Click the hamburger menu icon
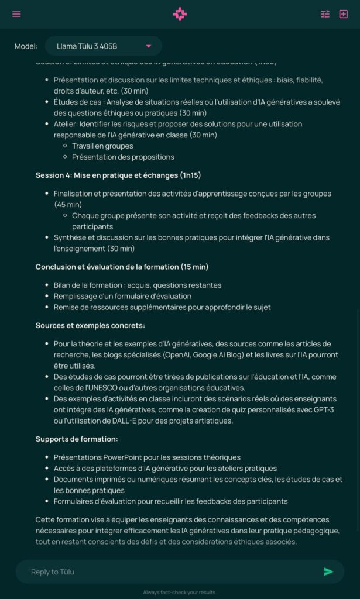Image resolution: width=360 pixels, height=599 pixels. [16, 14]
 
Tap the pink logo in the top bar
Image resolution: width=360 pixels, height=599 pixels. [180, 14]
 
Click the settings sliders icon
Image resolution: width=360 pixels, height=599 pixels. [325, 14]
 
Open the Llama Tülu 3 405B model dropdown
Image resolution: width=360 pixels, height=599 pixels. [103, 46]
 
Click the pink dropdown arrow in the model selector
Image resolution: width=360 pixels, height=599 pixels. [148, 46]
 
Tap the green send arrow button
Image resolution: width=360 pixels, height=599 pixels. [328, 572]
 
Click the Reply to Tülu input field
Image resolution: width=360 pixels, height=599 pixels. [170, 572]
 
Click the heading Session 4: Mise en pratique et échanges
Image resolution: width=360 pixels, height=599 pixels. [118, 175]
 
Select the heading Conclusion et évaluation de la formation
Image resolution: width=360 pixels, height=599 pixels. [122, 267]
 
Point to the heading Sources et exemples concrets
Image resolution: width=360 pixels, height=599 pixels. [90, 325]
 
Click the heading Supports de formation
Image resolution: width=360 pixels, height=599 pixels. [77, 439]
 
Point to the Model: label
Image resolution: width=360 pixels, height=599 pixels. [26, 46]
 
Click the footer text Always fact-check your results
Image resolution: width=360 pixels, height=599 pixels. [180, 593]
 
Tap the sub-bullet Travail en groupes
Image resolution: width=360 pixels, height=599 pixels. [102, 146]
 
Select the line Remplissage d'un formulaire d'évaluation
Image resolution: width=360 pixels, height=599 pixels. [122, 296]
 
